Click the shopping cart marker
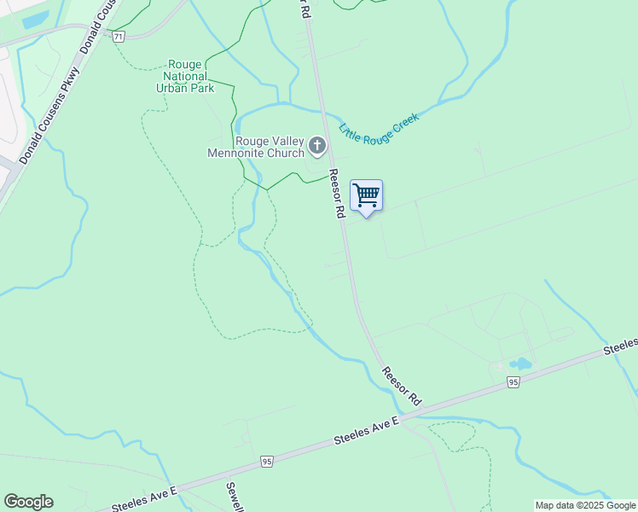point(366,195)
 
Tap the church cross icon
point(317,146)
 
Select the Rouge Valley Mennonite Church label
point(256,147)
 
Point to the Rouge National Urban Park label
point(185,76)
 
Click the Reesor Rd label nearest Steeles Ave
point(402,386)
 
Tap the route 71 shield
point(119,36)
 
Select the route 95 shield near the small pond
point(513,383)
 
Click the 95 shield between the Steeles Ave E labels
point(268,462)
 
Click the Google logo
point(28,502)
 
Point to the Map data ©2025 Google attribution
point(585,505)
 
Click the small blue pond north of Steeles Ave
point(520,364)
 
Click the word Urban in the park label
point(174,87)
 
